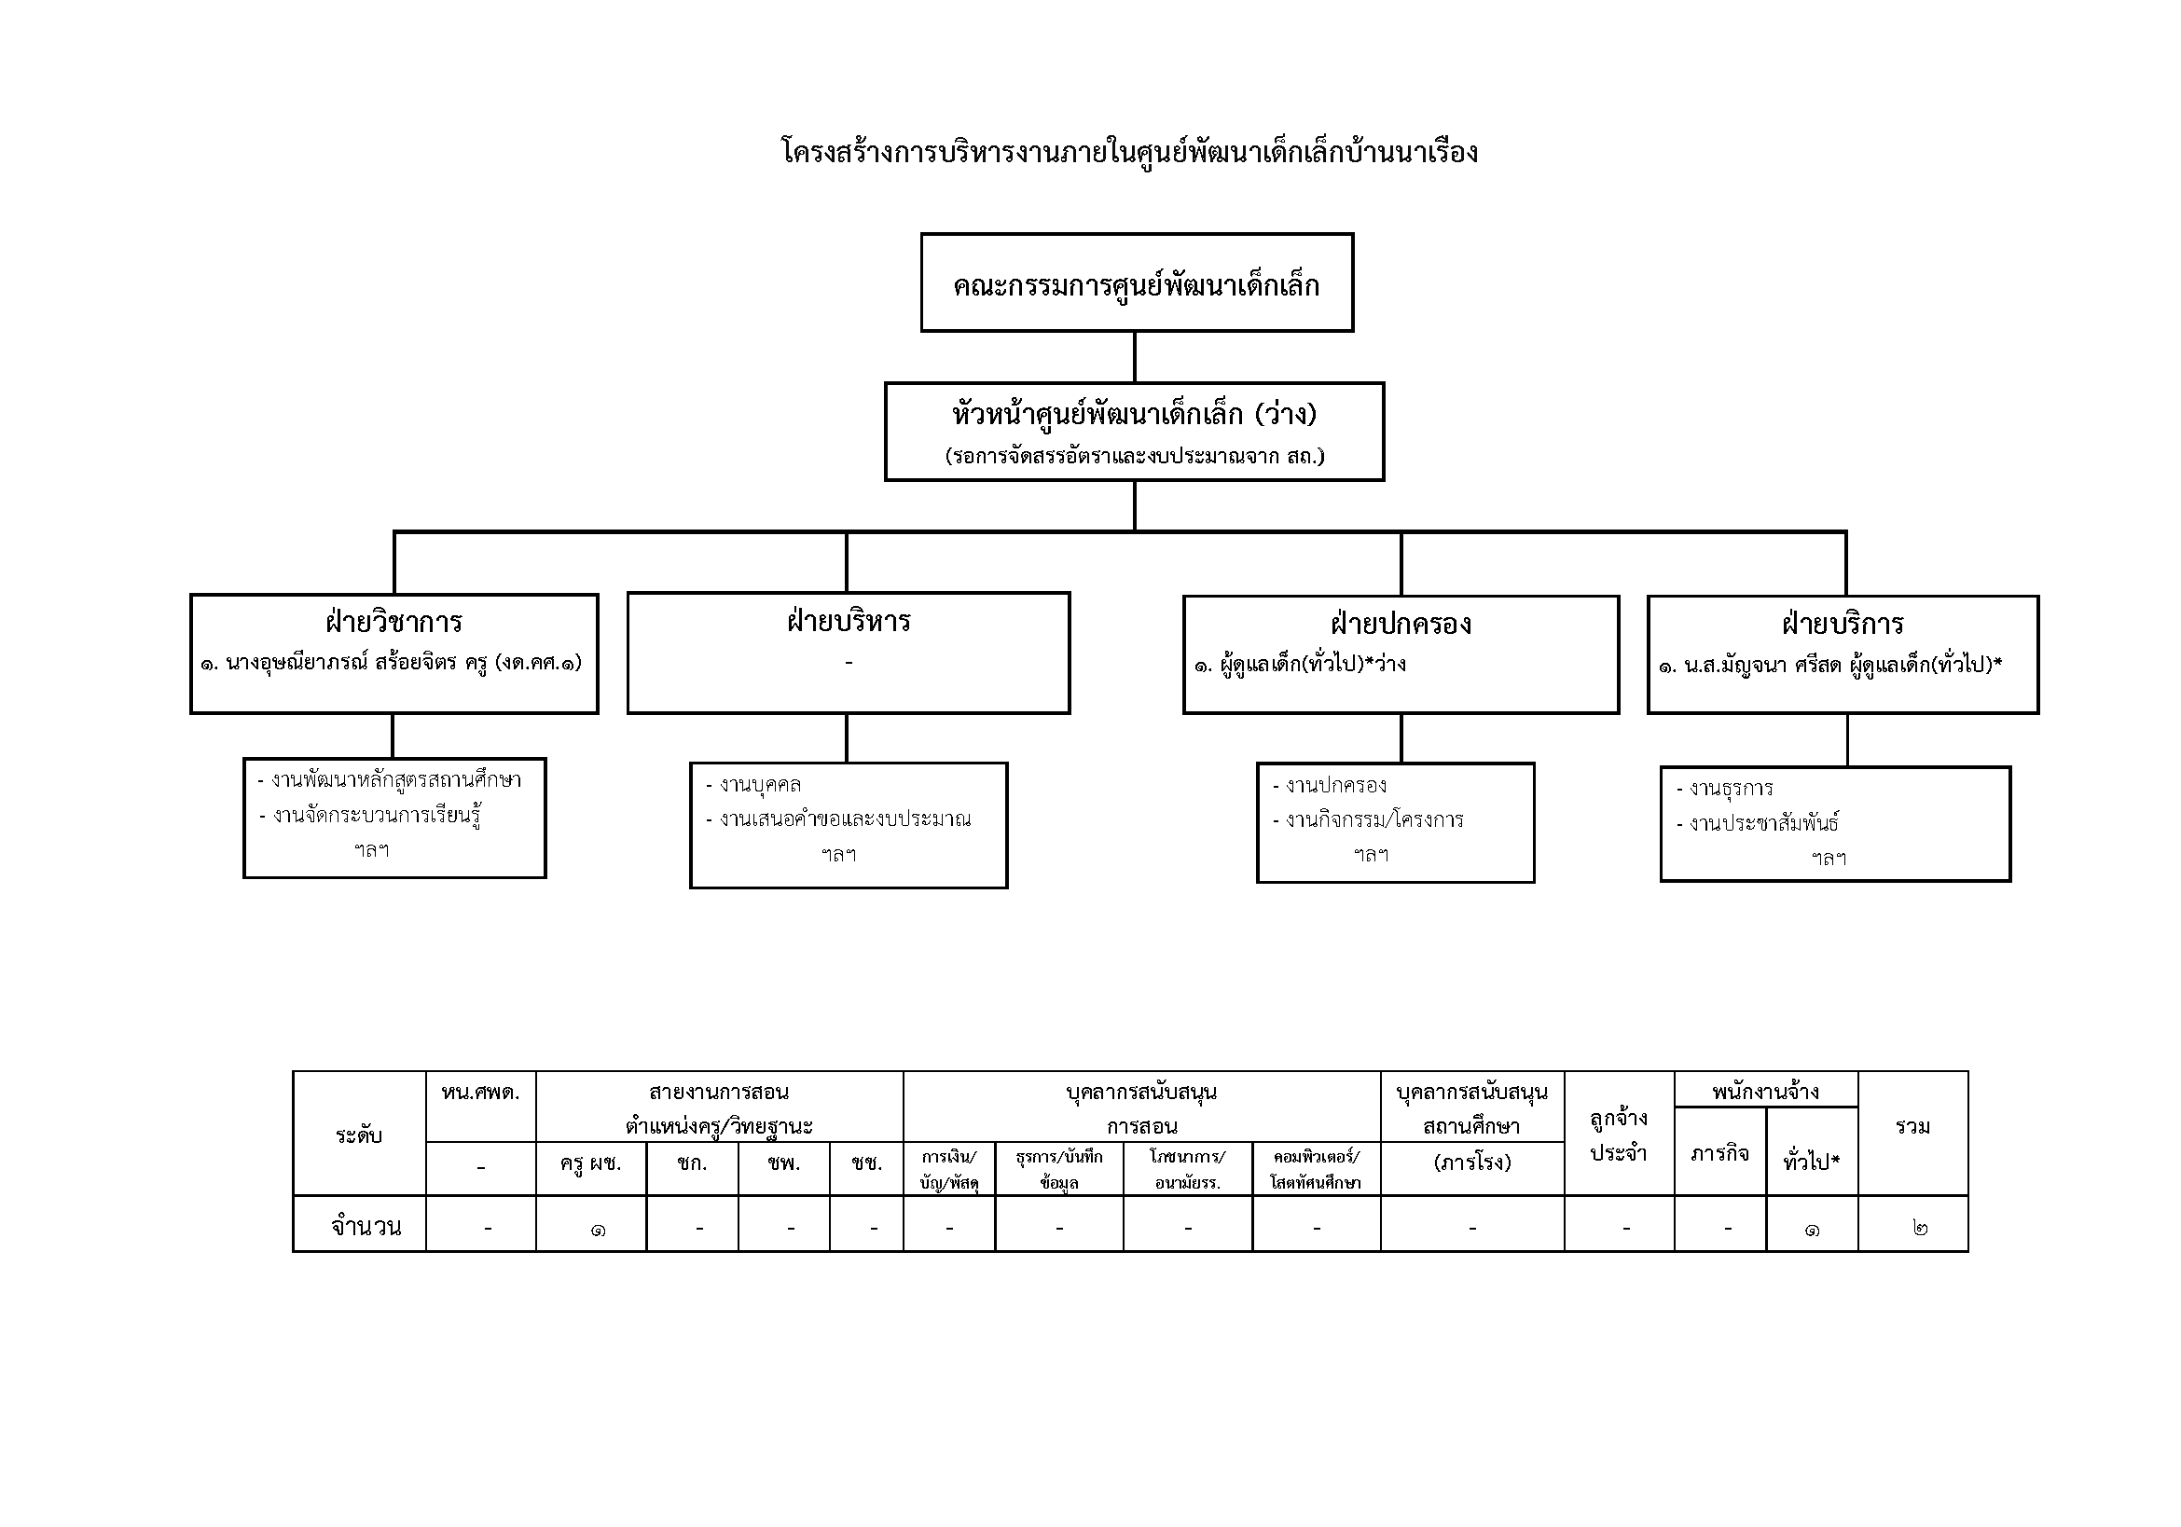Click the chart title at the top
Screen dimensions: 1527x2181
click(x=1129, y=153)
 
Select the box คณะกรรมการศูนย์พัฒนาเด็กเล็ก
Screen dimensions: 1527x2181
click(x=1136, y=284)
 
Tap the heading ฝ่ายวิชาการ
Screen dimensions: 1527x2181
click(x=393, y=623)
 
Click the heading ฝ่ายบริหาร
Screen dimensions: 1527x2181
click(x=849, y=622)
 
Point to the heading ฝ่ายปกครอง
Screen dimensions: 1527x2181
click(x=1401, y=625)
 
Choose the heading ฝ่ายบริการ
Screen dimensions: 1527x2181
click(x=1842, y=625)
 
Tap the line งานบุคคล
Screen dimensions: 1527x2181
click(x=759, y=785)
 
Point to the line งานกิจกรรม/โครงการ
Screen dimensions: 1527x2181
click(x=1373, y=819)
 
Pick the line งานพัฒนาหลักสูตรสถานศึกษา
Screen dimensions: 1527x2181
click(x=395, y=780)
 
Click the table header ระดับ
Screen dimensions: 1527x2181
click(x=359, y=1135)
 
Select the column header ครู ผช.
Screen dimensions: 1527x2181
click(x=590, y=1163)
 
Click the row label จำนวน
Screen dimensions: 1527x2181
click(x=366, y=1227)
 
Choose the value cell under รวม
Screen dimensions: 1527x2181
click(x=1912, y=1228)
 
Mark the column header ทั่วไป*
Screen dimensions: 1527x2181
click(x=1812, y=1162)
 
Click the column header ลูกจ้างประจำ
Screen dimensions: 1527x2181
click(x=1619, y=1135)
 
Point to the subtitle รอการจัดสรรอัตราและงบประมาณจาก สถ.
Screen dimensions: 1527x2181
click(x=1134, y=457)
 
